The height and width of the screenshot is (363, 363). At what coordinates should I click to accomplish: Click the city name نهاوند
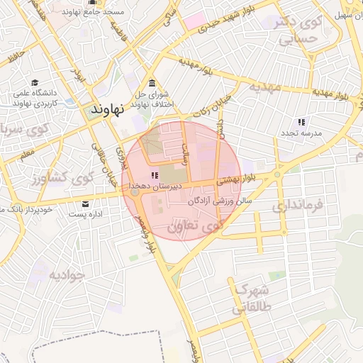tap(108, 110)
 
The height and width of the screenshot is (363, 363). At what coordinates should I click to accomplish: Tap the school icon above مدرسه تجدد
tap(301, 122)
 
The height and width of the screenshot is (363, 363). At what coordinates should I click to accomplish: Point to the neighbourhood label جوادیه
tap(67, 274)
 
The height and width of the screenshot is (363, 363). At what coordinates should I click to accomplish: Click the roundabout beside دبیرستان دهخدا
tap(135, 191)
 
